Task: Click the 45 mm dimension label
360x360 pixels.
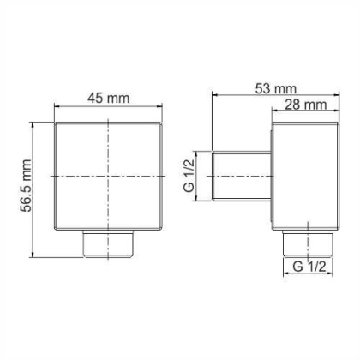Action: tap(109, 98)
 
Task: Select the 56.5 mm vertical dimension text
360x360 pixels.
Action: tap(26, 189)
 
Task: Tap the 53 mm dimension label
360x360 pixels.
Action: tap(273, 88)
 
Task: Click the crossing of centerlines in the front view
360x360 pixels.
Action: tap(109, 176)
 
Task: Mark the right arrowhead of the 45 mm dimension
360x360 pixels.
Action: tap(159, 109)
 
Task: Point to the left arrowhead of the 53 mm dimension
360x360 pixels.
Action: tap(214, 95)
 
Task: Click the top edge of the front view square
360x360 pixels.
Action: tap(109, 123)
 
